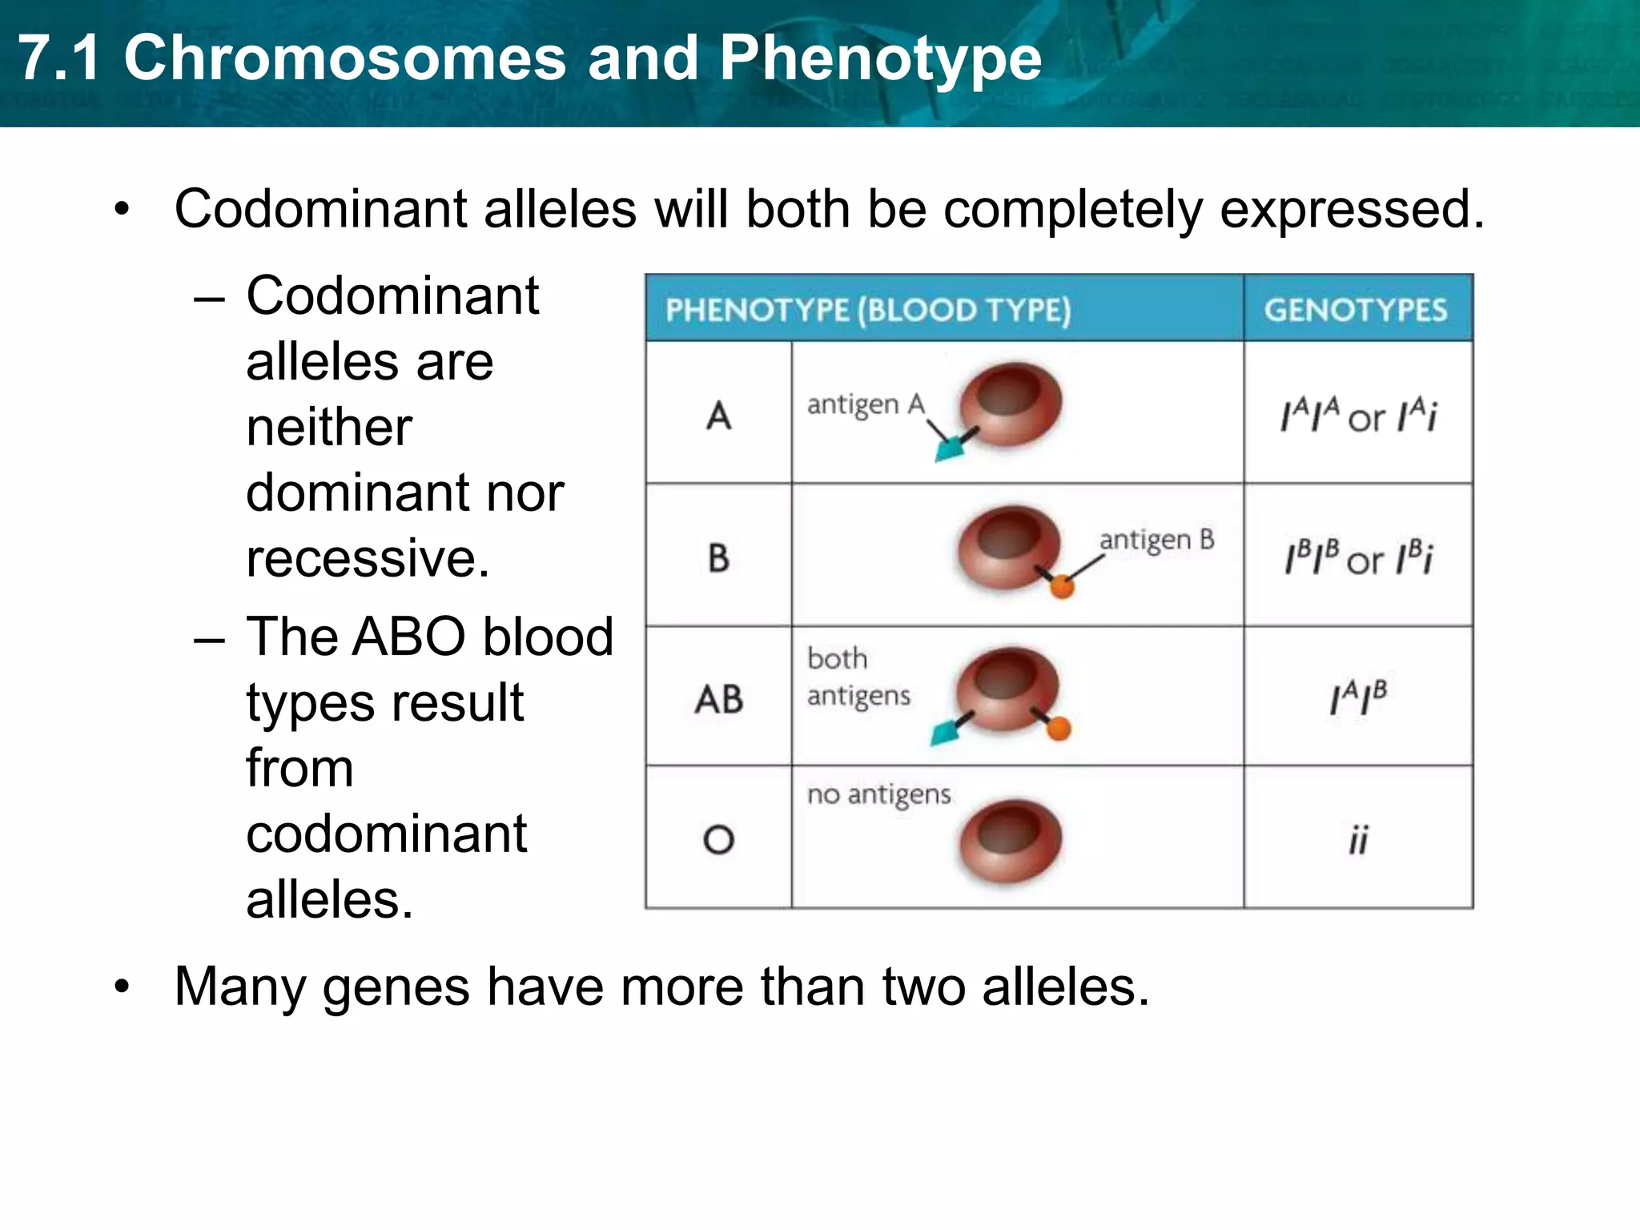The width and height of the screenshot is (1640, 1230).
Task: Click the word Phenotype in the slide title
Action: tap(880, 59)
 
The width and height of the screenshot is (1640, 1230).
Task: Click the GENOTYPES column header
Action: tap(1356, 310)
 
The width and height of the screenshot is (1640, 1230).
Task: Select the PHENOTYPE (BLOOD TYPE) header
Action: tap(868, 310)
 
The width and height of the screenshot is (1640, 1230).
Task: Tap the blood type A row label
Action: tap(718, 416)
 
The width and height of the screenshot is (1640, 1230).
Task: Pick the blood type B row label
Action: tap(718, 557)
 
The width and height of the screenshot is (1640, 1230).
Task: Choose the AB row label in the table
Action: tap(718, 699)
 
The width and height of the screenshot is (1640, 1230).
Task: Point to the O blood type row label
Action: tap(718, 839)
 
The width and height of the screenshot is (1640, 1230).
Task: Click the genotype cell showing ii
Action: tap(1358, 840)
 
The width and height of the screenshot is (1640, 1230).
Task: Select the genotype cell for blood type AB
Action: tap(1358, 697)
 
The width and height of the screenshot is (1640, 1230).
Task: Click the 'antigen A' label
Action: tap(866, 404)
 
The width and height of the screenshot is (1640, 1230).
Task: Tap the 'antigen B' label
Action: tap(1156, 541)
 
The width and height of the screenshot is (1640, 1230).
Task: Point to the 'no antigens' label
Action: tap(878, 794)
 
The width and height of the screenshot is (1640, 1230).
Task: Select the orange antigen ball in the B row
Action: tap(1062, 587)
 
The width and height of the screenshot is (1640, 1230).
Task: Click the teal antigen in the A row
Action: tap(950, 450)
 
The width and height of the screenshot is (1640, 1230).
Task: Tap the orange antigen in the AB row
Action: tap(1059, 729)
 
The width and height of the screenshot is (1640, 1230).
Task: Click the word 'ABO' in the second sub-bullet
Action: tap(408, 637)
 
